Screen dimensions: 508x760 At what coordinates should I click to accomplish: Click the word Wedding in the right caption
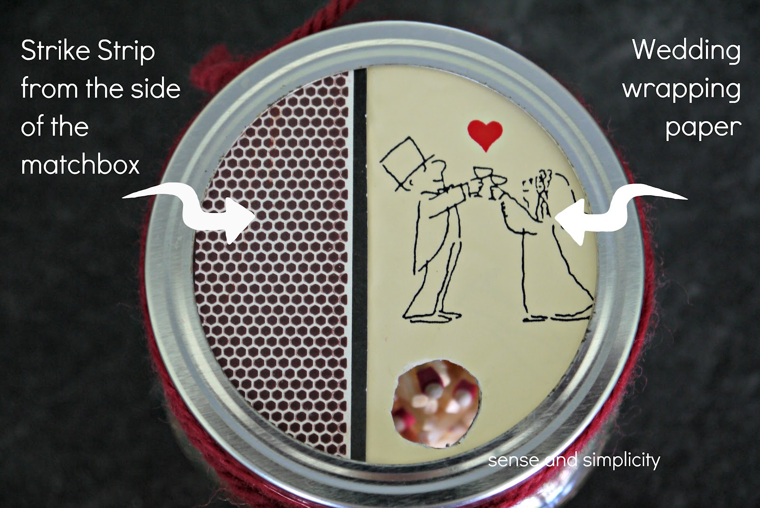coord(686,51)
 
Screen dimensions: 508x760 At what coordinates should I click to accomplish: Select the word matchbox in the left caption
coord(80,164)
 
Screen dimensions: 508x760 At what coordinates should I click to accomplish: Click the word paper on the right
coord(703,127)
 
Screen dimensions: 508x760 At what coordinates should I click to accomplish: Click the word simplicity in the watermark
coord(623,460)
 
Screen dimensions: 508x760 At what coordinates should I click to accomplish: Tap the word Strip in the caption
coord(126,51)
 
